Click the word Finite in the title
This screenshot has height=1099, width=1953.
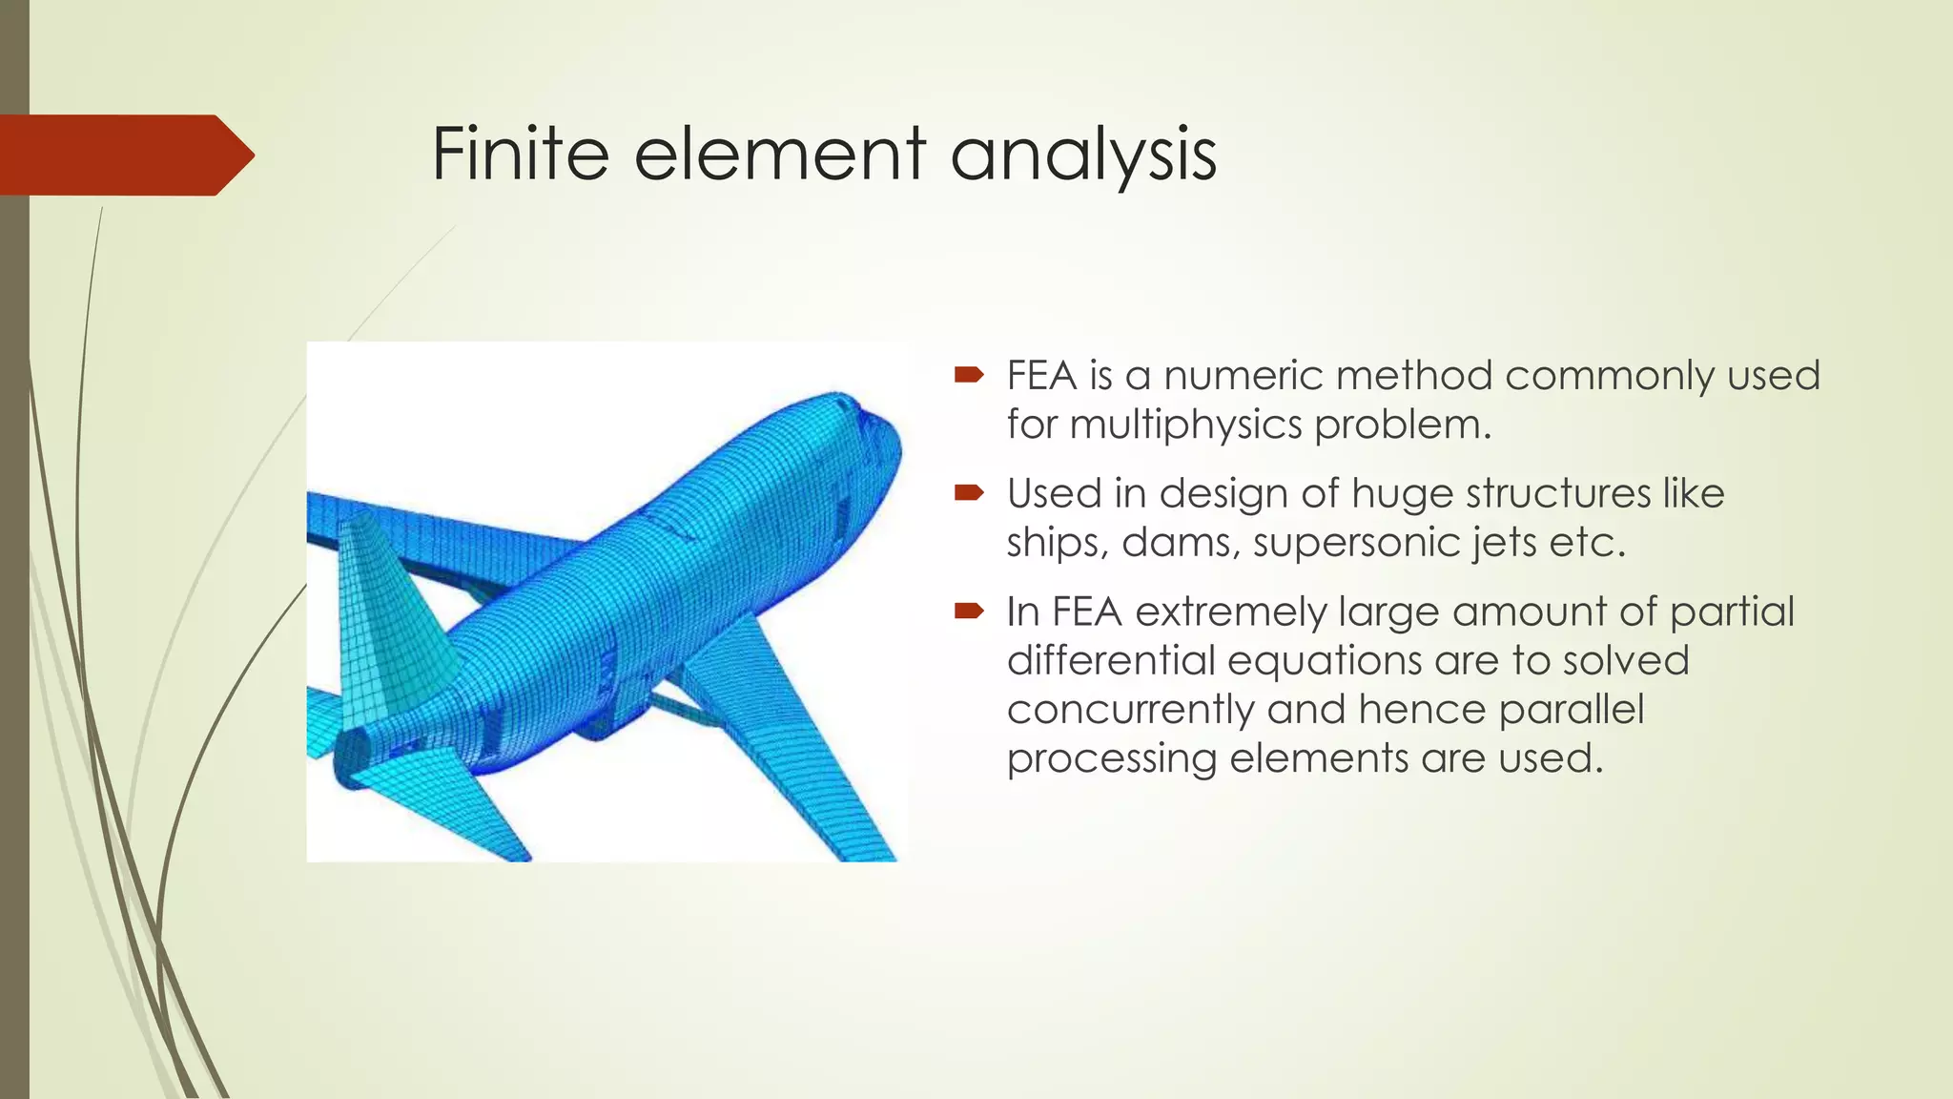click(x=520, y=154)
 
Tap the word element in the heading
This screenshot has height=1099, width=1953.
click(x=779, y=154)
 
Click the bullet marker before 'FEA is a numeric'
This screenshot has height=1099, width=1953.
click(x=968, y=375)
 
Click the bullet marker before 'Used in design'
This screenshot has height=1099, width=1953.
click(x=968, y=493)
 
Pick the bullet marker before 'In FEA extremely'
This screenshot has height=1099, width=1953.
click(x=968, y=611)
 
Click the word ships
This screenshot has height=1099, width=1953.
click(x=1056, y=544)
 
